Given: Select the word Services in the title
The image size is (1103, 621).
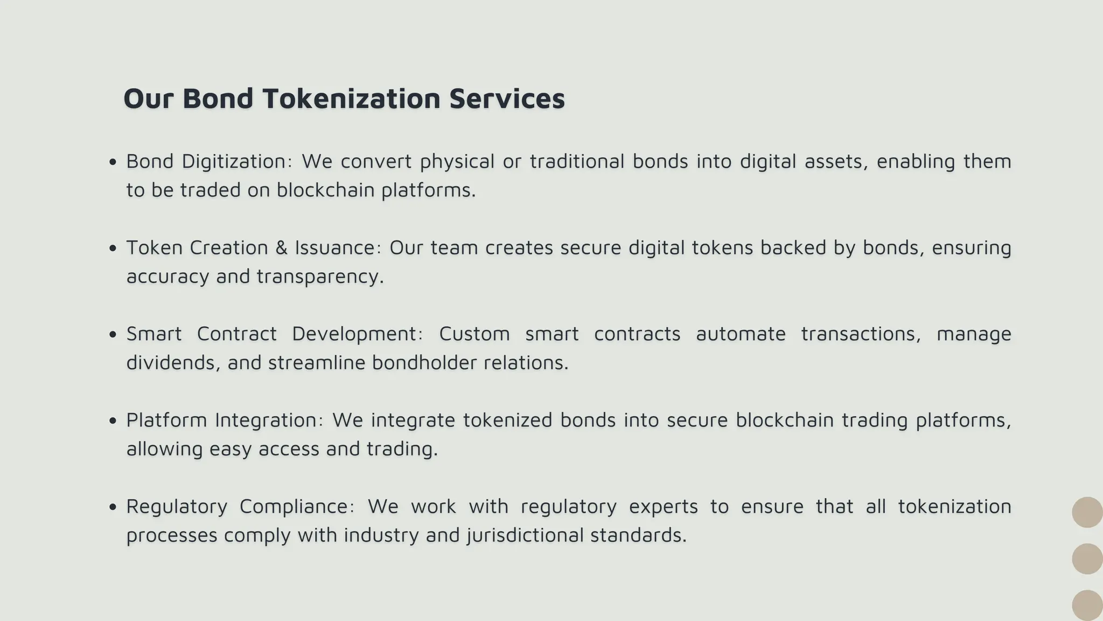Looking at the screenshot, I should click(507, 99).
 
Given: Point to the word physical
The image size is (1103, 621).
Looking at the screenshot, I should click(457, 161).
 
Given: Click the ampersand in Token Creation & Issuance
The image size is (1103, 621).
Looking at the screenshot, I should click(281, 248).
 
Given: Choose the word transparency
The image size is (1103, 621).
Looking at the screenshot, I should click(320, 277).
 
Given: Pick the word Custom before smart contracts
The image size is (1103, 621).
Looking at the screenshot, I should click(474, 334).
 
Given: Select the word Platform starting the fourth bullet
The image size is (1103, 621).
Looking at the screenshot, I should click(166, 420).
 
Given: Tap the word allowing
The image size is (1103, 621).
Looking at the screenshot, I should click(164, 449).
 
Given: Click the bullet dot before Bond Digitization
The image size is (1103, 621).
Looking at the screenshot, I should click(113, 162).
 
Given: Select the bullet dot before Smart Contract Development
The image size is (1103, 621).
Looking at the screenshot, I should click(113, 335).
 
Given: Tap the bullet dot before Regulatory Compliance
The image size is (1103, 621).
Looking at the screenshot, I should click(113, 507).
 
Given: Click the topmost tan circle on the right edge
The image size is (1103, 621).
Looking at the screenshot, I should click(1087, 512).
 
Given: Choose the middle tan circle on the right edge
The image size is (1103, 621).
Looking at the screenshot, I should click(1087, 558).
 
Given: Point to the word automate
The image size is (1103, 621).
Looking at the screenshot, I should click(741, 334).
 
